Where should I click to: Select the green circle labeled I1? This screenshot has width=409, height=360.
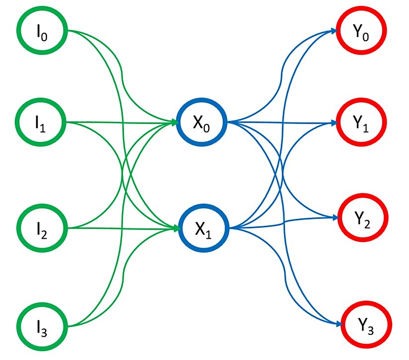pyautogui.click(x=42, y=122)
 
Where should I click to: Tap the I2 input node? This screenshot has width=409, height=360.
pyautogui.click(x=42, y=228)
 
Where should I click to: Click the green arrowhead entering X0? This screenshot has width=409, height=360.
pyautogui.click(x=175, y=122)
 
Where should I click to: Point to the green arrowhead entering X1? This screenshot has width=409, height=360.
pyautogui.click(x=175, y=228)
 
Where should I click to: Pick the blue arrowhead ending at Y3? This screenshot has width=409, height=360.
pyautogui.click(x=339, y=324)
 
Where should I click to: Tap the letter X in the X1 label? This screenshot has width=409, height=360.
pyautogui.click(x=199, y=228)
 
